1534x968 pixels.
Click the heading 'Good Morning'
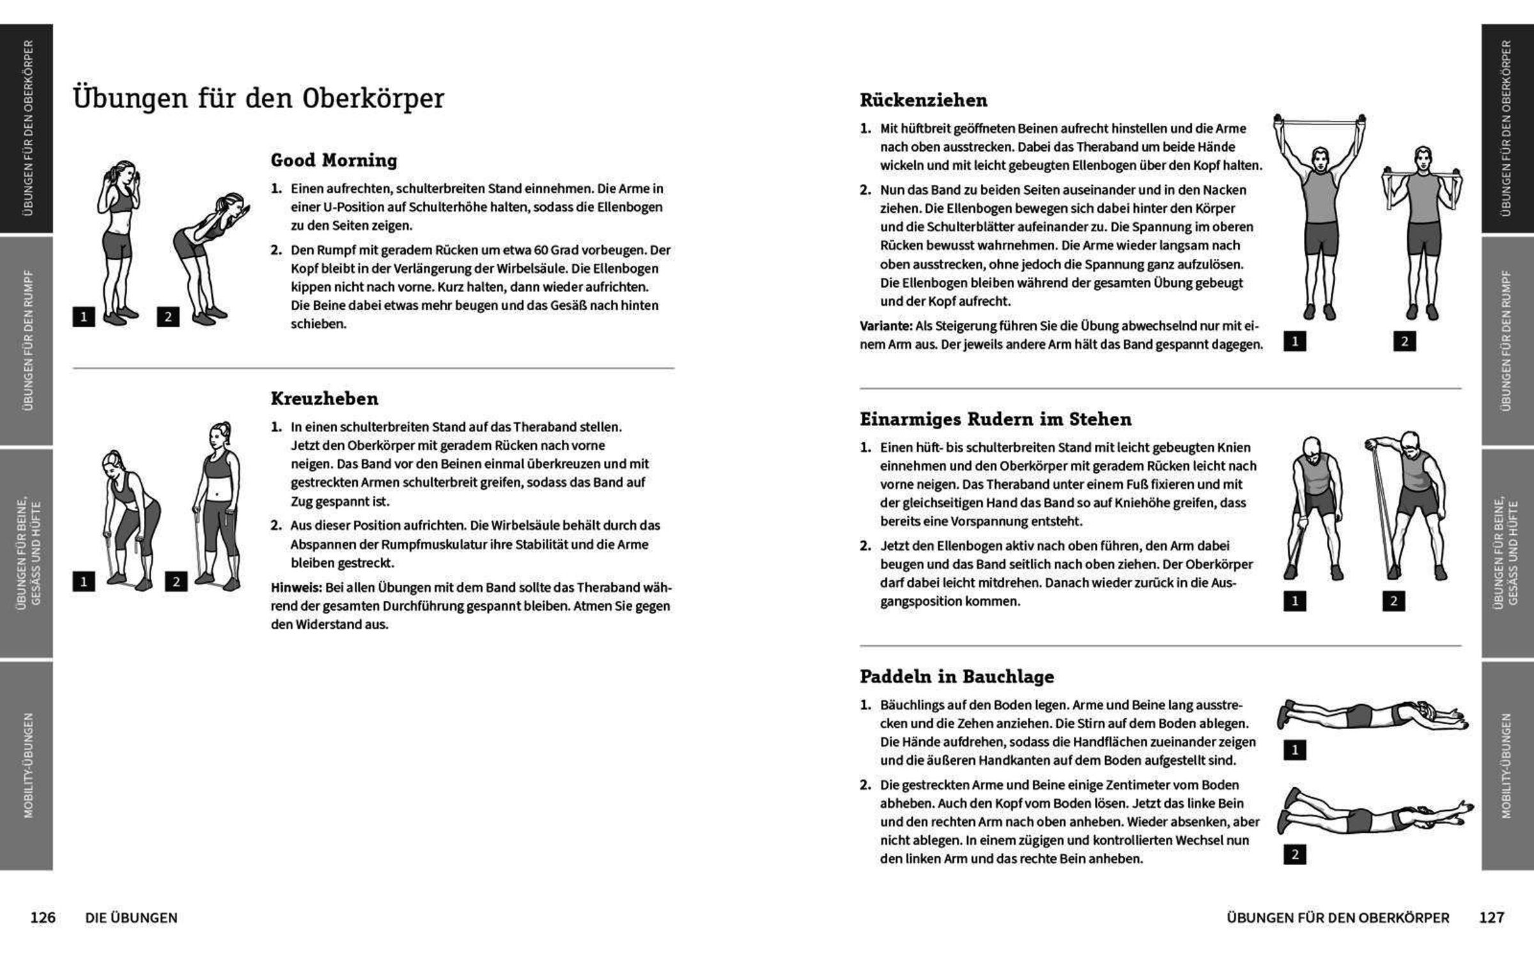[334, 160]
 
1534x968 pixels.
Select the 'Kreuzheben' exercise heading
[324, 399]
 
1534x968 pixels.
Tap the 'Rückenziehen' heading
[923, 100]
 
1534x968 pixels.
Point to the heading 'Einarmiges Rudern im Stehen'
[995, 419]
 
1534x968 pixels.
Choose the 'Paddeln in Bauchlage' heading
[957, 676]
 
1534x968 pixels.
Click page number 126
[43, 918]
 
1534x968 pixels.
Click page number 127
[1491, 918]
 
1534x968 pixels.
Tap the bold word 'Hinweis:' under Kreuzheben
[296, 587]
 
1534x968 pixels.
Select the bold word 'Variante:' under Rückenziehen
[886, 326]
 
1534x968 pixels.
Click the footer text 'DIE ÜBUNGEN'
[131, 918]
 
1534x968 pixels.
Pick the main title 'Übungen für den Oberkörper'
[258, 98]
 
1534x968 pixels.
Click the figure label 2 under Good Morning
[168, 317]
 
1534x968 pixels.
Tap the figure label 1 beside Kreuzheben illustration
[84, 581]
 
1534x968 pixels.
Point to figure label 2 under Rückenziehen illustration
[1404, 341]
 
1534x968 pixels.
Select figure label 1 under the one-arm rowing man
[1295, 601]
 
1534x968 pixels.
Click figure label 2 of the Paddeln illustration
[1295, 854]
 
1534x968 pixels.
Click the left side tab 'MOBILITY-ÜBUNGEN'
[27, 765]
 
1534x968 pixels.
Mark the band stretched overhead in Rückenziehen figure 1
[1319, 121]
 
